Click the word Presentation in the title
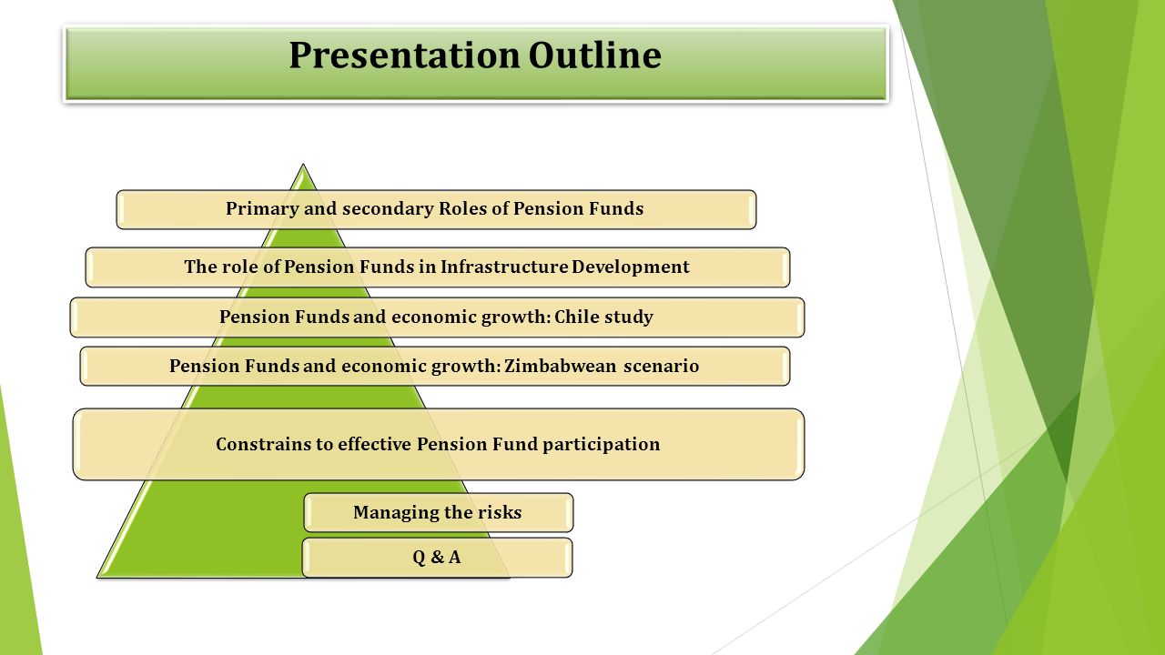point(404,55)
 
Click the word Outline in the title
point(595,55)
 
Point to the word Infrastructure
point(504,267)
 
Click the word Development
point(631,267)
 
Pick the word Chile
point(570,317)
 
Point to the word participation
point(602,445)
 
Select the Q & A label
point(436,558)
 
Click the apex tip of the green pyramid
point(303,165)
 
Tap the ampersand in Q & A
point(437,558)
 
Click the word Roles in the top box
point(463,208)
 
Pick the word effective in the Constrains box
point(374,445)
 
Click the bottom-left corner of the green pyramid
point(97,577)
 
